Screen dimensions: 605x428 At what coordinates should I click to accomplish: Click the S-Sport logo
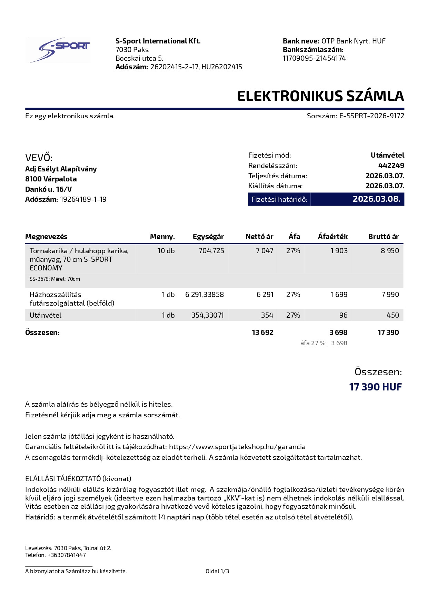(58, 50)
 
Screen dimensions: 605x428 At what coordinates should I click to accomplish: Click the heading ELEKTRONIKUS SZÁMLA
(320, 96)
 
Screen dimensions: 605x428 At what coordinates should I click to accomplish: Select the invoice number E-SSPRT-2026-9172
(372, 116)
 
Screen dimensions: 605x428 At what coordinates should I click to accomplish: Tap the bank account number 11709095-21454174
(314, 58)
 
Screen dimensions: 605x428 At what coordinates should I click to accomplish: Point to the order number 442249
(391, 166)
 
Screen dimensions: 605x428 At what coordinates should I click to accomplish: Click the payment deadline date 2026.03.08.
(376, 199)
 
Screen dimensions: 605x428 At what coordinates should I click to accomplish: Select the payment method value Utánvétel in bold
(387, 155)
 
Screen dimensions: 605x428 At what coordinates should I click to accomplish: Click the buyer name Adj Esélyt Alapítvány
(61, 169)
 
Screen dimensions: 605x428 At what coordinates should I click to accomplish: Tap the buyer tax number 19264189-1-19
(83, 199)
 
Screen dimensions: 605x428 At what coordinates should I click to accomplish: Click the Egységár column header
(208, 237)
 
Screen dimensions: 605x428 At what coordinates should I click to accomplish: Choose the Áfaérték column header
(332, 237)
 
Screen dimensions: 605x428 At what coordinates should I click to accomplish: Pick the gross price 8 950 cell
(390, 251)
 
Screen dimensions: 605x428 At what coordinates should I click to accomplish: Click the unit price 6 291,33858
(205, 295)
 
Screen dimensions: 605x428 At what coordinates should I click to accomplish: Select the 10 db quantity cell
(166, 251)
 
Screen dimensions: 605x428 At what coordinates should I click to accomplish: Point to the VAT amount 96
(343, 315)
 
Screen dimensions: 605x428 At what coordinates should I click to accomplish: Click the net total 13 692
(262, 333)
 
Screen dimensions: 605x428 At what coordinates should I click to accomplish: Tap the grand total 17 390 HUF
(375, 387)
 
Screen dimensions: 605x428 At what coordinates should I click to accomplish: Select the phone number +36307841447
(67, 555)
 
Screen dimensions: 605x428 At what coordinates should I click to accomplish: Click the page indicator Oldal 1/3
(217, 571)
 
